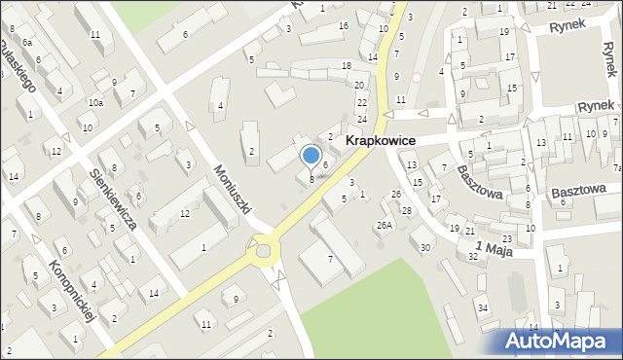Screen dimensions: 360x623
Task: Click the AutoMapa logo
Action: click(x=560, y=341)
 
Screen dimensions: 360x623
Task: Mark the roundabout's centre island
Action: click(x=263, y=253)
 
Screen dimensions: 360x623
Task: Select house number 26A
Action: click(x=385, y=226)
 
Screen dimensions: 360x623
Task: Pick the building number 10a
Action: click(x=95, y=102)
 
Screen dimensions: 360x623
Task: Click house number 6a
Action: click(x=28, y=44)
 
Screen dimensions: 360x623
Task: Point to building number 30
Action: click(x=424, y=247)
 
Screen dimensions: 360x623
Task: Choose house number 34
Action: click(x=482, y=307)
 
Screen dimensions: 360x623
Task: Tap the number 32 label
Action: click(x=472, y=257)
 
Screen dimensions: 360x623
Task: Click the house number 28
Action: click(x=407, y=211)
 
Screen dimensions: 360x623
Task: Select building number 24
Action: click(x=362, y=119)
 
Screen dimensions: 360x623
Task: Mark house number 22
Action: click(x=362, y=102)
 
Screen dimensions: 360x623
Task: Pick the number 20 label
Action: click(x=358, y=86)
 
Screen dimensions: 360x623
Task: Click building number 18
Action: click(x=346, y=65)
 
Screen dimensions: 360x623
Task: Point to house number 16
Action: click(x=343, y=25)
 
